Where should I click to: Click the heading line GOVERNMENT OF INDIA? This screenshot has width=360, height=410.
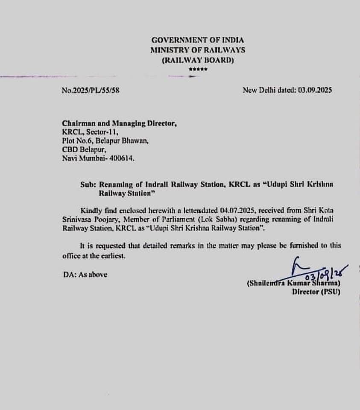click(198, 40)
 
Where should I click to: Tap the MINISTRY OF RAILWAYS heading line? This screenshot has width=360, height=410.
click(198, 50)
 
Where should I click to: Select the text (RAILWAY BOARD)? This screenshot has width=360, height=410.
click(198, 60)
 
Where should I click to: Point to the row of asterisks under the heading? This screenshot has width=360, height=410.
click(198, 69)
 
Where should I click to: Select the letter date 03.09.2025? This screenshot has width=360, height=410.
click(315, 90)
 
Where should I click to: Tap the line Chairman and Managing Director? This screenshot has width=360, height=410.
click(119, 123)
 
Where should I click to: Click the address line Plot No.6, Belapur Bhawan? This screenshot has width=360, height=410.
click(105, 141)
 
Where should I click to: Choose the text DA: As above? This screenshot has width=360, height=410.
click(85, 275)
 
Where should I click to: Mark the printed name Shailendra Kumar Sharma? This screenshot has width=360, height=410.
click(293, 284)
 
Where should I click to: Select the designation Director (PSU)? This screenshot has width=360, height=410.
click(316, 292)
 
